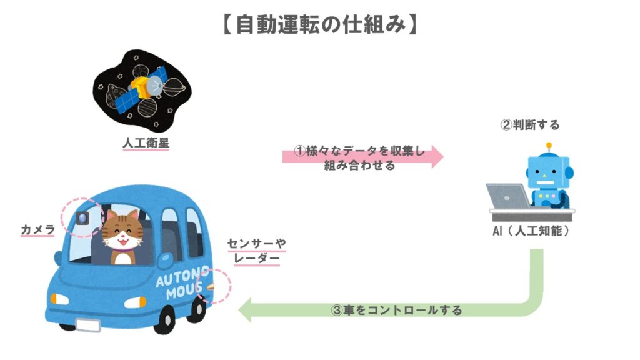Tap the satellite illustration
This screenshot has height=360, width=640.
pos(141,87)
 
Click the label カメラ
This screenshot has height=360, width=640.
pos(37,231)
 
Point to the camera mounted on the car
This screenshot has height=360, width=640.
pos(82,218)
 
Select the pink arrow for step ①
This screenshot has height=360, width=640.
pos(362,156)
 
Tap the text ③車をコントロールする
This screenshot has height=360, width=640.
pos(396,310)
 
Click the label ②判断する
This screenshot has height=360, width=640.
pos(530,125)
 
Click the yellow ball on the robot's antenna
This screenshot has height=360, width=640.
pos(549,146)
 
